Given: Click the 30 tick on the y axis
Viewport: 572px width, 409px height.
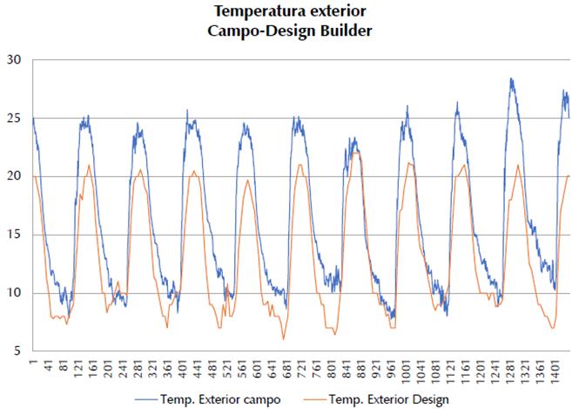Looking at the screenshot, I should pos(14,60).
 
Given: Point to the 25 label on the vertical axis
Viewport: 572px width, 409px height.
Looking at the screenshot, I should pos(14,118).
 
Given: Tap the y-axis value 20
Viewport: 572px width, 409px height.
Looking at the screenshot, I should pos(14,176).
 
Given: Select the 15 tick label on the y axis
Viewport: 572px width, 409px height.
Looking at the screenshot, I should pos(14,235).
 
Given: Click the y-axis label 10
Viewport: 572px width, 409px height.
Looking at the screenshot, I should pos(14,293).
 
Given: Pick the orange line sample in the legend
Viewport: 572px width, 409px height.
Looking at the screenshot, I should pos(315,399).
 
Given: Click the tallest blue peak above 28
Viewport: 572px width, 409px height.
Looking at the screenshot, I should pos(511,79).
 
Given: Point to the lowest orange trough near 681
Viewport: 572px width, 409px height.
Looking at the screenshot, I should pos(283,339).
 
